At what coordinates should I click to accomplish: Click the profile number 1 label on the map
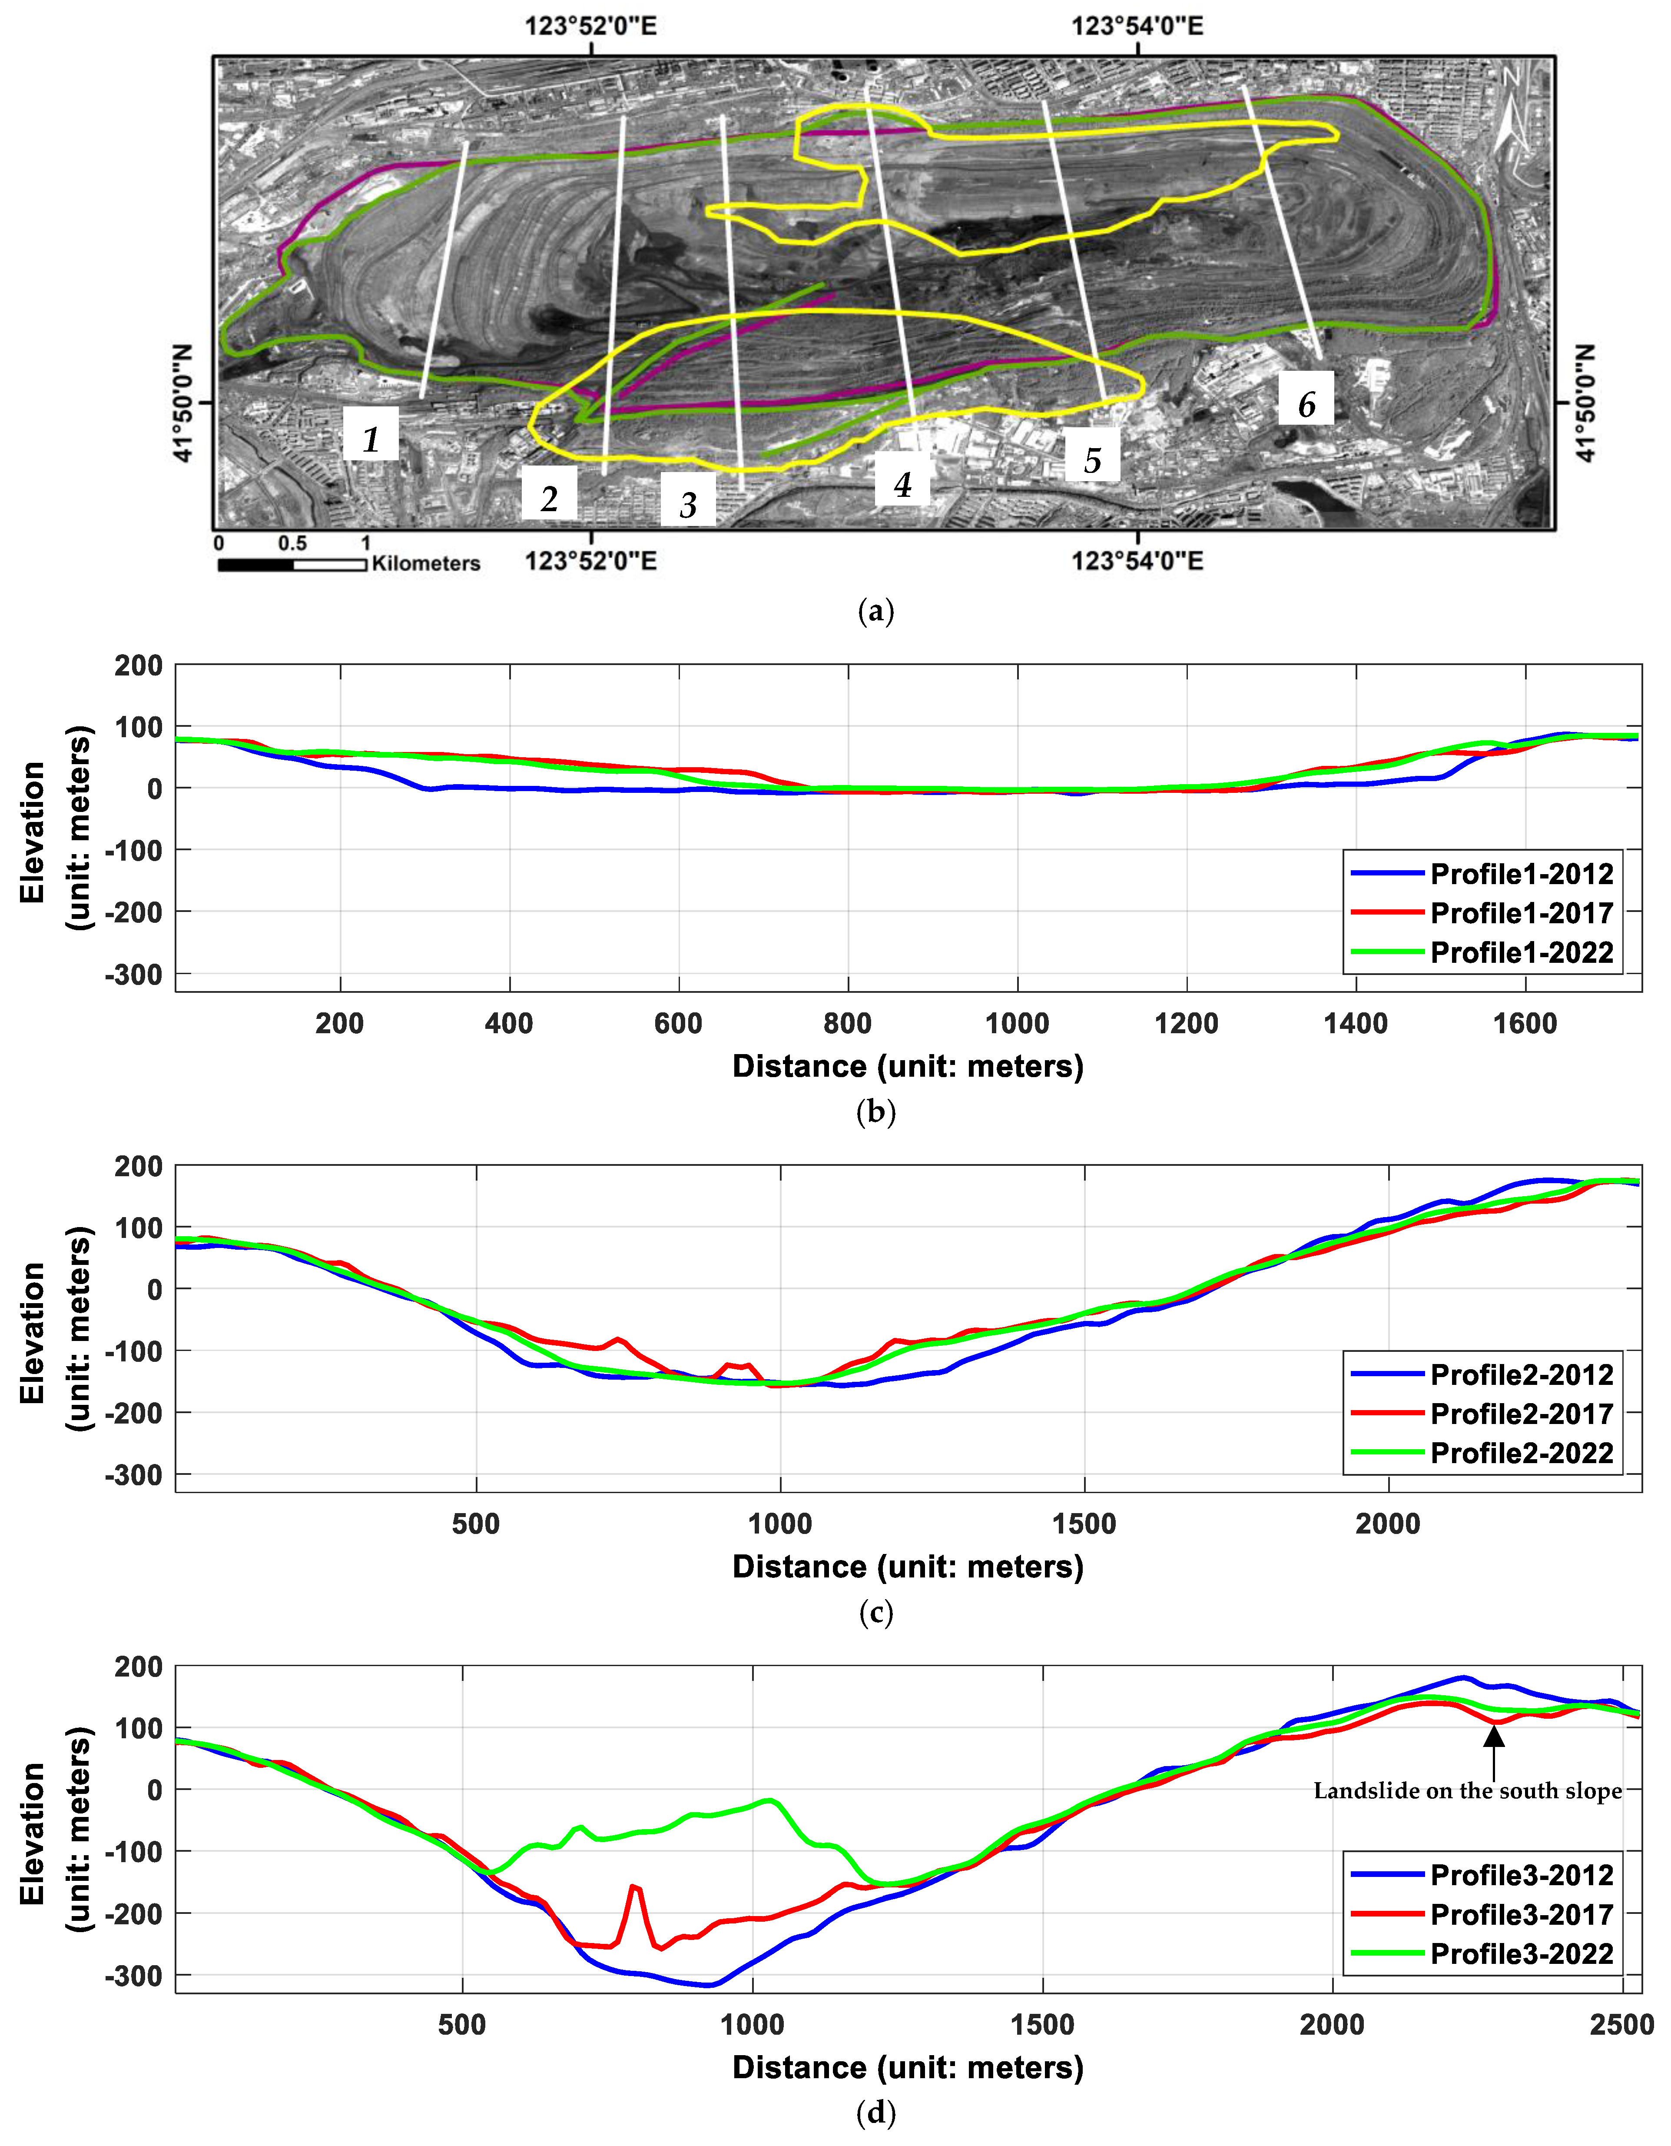(370, 437)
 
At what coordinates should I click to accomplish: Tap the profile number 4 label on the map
(902, 483)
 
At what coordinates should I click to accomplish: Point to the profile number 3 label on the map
(688, 504)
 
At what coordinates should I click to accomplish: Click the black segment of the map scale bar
(255, 565)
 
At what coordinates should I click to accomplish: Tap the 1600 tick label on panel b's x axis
(1525, 1024)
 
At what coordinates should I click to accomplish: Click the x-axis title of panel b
(908, 1066)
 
